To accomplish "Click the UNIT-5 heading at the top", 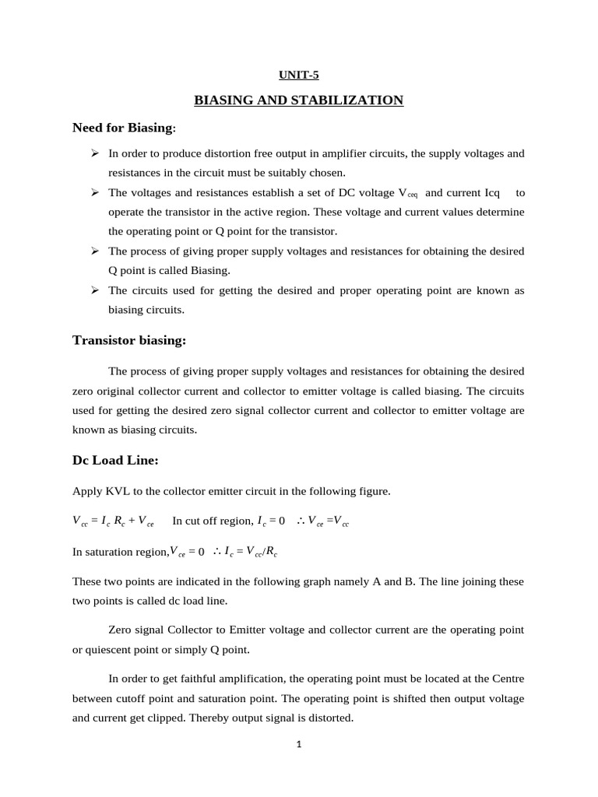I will [x=299, y=75].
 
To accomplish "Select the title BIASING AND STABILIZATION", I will [x=299, y=100].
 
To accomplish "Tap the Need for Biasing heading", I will [x=125, y=127].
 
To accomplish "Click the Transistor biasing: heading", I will [x=129, y=340].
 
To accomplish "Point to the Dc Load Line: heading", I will [x=115, y=460].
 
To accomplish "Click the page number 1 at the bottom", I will [x=298, y=743].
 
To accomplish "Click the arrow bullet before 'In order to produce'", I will [x=95, y=153].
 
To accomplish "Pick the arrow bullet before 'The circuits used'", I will [x=95, y=290].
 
